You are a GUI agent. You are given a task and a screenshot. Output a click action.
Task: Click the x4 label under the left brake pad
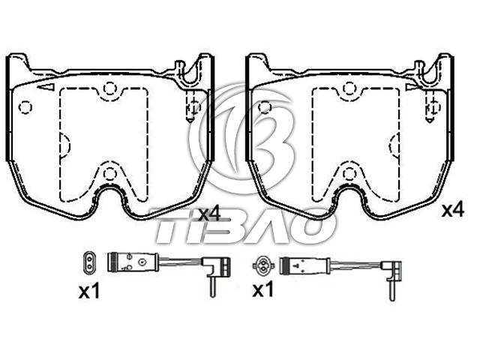tap(209, 214)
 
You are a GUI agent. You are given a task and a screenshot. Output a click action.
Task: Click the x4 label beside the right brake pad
tap(453, 211)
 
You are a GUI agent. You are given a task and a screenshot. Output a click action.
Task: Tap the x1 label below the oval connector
tap(89, 291)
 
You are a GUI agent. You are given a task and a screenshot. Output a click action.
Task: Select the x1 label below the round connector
tap(263, 289)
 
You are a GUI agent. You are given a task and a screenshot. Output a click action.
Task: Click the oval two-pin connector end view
tap(89, 262)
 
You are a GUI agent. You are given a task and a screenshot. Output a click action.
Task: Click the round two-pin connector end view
tap(263, 265)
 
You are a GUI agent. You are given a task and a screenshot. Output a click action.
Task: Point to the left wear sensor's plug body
tap(133, 262)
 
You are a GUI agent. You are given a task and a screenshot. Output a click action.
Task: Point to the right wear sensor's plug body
tap(304, 265)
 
